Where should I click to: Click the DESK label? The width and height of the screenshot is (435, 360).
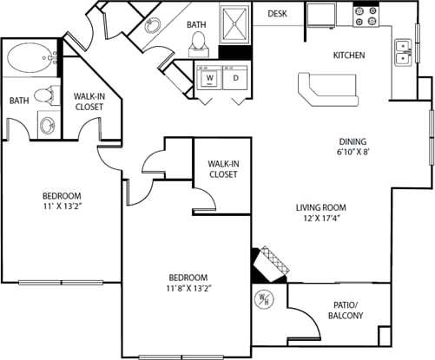277,14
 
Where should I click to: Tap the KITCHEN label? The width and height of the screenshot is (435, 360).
349,56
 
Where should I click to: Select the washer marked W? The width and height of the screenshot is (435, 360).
209,79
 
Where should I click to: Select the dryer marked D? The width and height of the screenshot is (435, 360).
234,79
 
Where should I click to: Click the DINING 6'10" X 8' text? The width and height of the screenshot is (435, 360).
353,148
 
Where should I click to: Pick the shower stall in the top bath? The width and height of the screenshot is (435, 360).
236,23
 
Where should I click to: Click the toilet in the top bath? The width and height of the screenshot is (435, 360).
197,39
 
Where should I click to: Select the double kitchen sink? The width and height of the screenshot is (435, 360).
402,52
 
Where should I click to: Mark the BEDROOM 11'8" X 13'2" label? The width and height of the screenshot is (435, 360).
188,283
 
